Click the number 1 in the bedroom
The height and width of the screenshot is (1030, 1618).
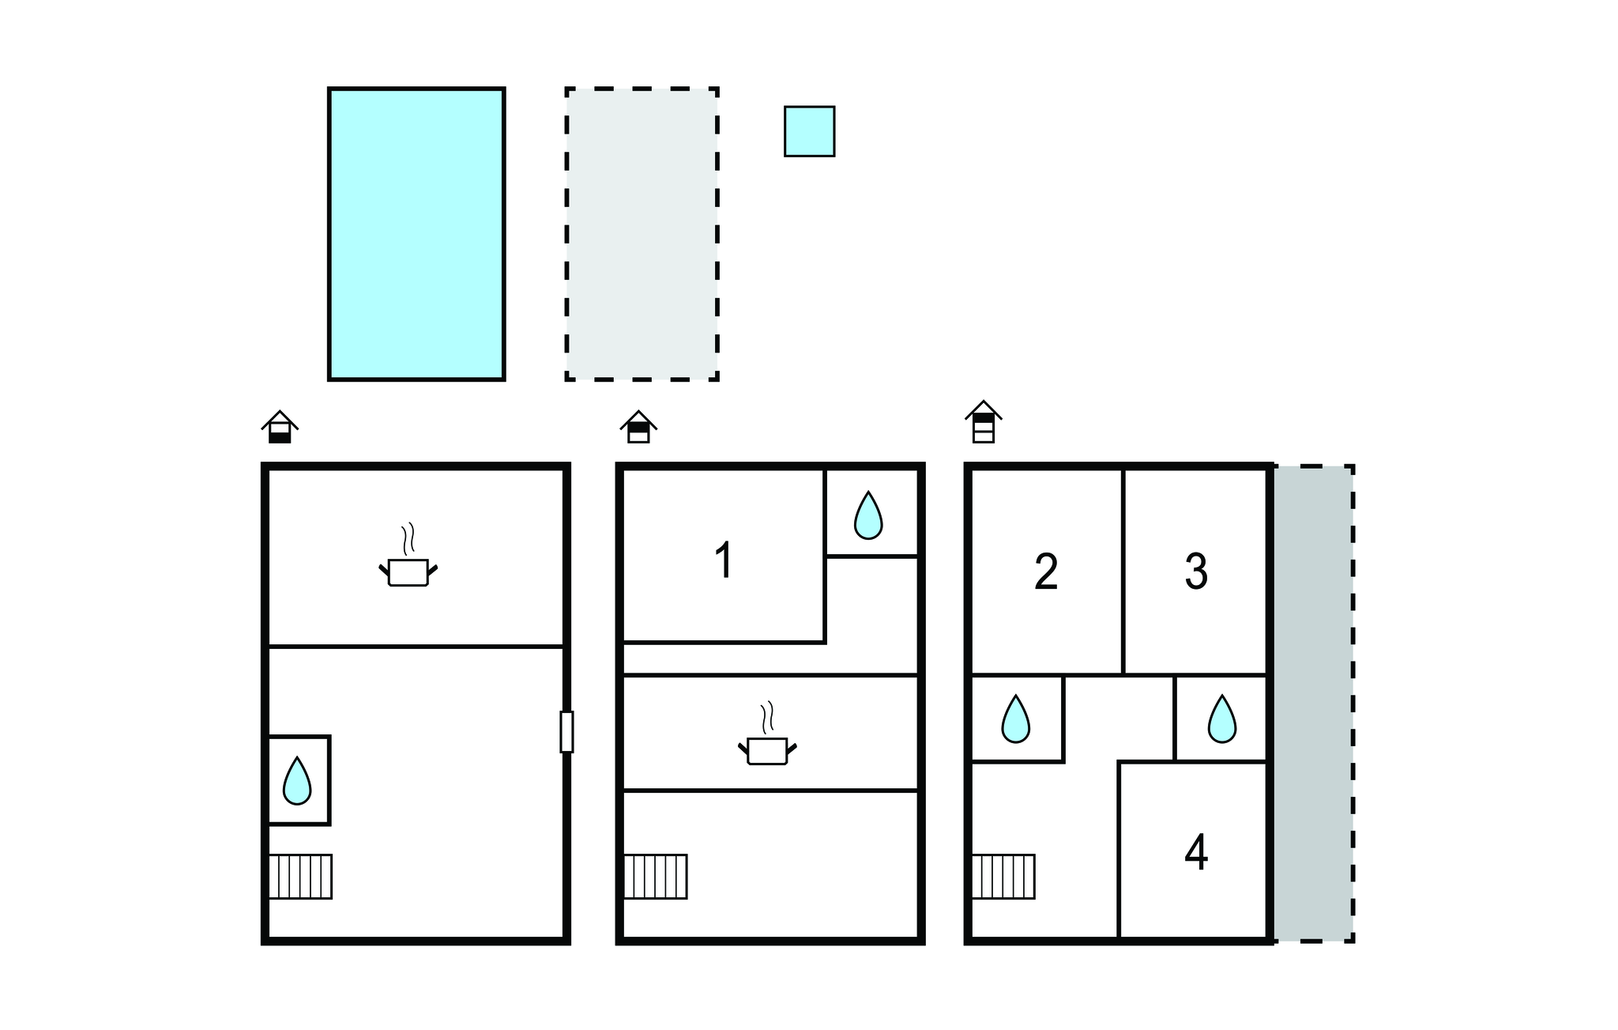pyautogui.click(x=724, y=560)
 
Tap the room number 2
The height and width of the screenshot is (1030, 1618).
pyautogui.click(x=1046, y=572)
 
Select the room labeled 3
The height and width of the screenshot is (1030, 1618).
pyautogui.click(x=1196, y=572)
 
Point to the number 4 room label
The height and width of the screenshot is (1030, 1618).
pyautogui.click(x=1196, y=853)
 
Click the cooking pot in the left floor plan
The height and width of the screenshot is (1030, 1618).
pyautogui.click(x=408, y=555)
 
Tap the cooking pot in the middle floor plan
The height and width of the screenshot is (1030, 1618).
pyautogui.click(x=767, y=734)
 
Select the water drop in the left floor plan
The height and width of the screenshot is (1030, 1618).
pyautogui.click(x=297, y=780)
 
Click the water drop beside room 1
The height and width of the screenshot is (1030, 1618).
pyautogui.click(x=868, y=515)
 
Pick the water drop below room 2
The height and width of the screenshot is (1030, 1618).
pyautogui.click(x=1016, y=719)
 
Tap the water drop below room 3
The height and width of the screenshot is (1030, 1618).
pyautogui.click(x=1222, y=719)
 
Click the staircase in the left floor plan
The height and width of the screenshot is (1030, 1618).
pyautogui.click(x=300, y=877)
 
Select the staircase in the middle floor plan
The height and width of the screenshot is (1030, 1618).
pyautogui.click(x=656, y=877)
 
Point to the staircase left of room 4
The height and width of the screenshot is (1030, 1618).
pyautogui.click(x=1003, y=877)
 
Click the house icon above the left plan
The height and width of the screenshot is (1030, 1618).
pyautogui.click(x=280, y=427)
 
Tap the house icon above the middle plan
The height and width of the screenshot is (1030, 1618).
pyautogui.click(x=638, y=427)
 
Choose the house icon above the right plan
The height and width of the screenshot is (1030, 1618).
pyautogui.click(x=984, y=421)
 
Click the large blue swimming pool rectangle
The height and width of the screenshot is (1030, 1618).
pyautogui.click(x=416, y=234)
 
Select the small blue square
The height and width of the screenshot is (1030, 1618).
pyautogui.click(x=810, y=131)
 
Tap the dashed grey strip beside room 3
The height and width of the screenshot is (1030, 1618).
pyautogui.click(x=1314, y=704)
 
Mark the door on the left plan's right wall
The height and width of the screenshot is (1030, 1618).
pyautogui.click(x=566, y=732)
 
